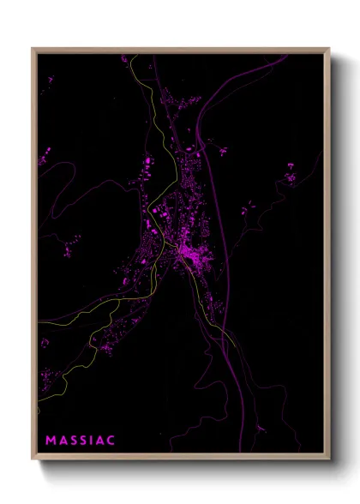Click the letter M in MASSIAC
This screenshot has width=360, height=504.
tap(51, 441)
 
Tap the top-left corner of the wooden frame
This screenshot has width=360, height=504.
tap(33, 49)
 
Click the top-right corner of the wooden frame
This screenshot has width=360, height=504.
tap(329, 49)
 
